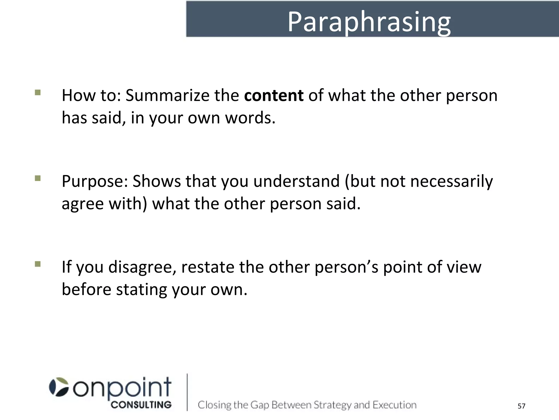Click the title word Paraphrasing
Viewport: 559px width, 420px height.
pos(369,22)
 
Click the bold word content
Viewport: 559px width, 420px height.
pos(273,95)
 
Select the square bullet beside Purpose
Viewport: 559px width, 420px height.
pos(38,178)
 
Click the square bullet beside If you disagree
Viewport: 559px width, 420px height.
pos(38,264)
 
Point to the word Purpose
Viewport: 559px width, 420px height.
pos(94,181)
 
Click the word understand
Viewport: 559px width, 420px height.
pos(296,181)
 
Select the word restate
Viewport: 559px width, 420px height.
pos(207,267)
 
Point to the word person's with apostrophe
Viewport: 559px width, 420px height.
pos(346,267)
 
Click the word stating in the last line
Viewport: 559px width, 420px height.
pos(141,290)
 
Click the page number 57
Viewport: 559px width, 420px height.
pos(521,406)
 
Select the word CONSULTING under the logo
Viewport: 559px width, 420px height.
pos(141,405)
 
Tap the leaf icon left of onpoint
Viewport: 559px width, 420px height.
pos(59,387)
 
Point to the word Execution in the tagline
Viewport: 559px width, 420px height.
pos(394,405)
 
